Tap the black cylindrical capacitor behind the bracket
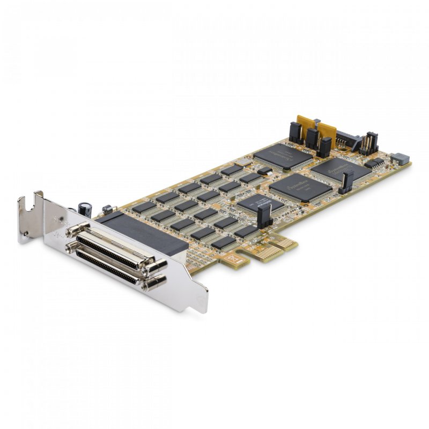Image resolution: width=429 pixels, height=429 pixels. (x=85, y=209)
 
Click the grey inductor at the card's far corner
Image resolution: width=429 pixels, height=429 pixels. (x=400, y=158)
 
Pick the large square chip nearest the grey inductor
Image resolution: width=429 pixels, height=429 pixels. (x=341, y=169)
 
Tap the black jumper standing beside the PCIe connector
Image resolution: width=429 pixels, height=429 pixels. (x=263, y=216)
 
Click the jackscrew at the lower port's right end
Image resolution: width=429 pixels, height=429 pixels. (x=154, y=282)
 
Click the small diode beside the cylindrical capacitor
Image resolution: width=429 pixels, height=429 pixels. (x=108, y=208)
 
